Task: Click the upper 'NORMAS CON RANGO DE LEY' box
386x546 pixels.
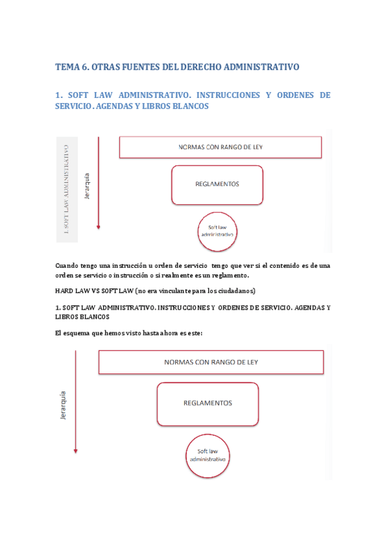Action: coord(220,147)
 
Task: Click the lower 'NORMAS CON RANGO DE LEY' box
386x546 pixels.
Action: coord(211,362)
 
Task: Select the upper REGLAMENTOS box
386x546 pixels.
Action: coord(217,184)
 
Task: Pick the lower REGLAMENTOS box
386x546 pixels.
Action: coord(207,403)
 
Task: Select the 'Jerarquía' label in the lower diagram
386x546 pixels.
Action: coord(63,404)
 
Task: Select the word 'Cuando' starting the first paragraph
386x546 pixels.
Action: coord(66,265)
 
